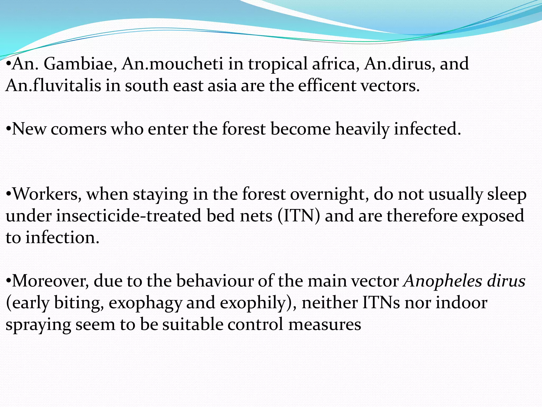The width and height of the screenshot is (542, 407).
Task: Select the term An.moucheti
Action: click(x=172, y=64)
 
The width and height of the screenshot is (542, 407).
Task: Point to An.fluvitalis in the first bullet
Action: click(x=53, y=86)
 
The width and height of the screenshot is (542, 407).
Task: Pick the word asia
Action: click(x=222, y=86)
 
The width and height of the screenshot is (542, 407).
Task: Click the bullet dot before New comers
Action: click(x=8, y=129)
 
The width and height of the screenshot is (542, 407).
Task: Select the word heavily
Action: click(x=362, y=129)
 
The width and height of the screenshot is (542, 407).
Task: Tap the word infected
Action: click(x=427, y=129)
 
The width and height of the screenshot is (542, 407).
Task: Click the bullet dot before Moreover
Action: click(x=8, y=281)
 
